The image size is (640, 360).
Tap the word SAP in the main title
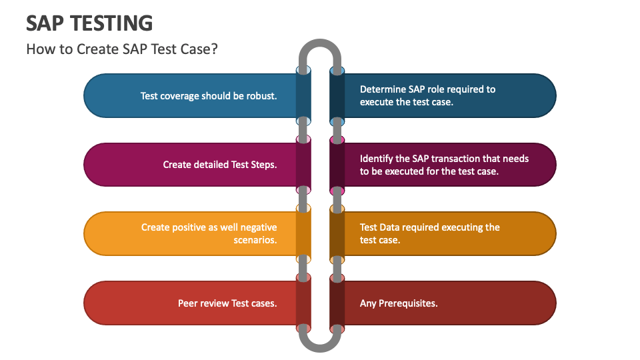pos(45,23)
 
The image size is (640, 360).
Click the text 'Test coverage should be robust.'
pos(209,95)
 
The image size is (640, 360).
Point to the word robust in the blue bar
pos(261,95)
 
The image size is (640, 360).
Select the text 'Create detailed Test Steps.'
pos(220,164)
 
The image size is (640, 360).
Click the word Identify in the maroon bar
pos(377,159)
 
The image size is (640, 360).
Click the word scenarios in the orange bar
pos(255,240)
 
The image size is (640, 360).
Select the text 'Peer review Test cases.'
pos(227,303)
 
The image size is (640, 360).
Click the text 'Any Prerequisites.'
pos(399,303)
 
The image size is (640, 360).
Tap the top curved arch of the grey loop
pos(320,47)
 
